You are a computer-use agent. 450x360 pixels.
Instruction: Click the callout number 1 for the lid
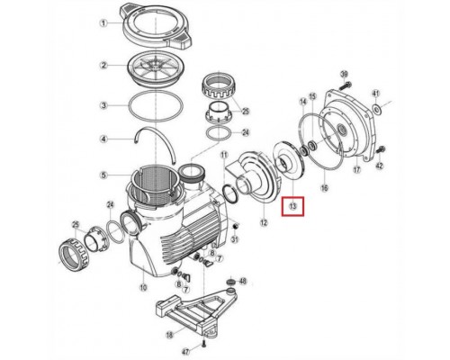pos(103,23)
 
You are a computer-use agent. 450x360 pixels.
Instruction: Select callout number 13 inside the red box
pos(292,206)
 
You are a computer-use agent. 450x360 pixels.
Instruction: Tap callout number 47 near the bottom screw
pos(186,352)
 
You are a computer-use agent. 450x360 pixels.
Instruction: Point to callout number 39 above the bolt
pos(344,75)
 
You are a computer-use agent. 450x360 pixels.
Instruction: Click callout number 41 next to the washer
pos(376,93)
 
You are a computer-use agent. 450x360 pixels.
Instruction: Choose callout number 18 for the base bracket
pos(170,335)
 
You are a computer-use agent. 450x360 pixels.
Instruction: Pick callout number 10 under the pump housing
pos(143,288)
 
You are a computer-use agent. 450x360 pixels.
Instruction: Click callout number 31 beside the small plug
pos(235,239)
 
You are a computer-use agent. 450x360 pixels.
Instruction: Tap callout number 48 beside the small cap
pos(243,281)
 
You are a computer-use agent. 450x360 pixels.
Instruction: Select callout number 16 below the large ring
pos(325,188)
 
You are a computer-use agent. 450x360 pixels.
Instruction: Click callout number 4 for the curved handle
pos(103,139)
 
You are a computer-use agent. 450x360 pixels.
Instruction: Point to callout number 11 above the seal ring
pos(224,155)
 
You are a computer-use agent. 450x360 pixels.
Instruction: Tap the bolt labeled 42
pos(381,148)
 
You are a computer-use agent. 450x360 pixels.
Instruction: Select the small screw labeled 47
pos(203,345)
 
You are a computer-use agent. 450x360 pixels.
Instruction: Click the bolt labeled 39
pos(345,85)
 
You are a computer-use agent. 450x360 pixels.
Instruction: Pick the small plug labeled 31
pos(235,226)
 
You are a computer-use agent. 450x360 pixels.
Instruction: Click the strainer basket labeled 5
pos(154,186)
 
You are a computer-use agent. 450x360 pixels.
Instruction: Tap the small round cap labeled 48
pos(231,282)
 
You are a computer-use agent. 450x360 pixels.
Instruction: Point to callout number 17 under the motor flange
pos(356,169)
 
